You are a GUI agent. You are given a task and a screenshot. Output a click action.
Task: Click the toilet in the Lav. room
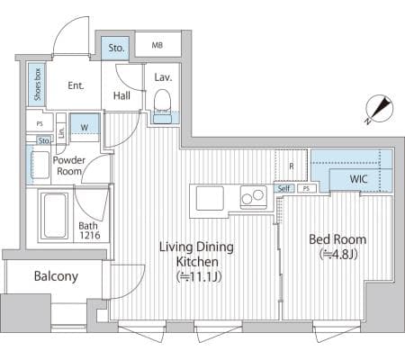[162, 106]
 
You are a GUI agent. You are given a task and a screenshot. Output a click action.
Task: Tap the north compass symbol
[380, 109]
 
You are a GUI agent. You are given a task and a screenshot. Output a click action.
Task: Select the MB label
[157, 45]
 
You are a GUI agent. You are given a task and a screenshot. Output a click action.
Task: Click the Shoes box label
[37, 85]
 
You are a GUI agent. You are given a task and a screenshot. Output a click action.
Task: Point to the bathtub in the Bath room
[55, 216]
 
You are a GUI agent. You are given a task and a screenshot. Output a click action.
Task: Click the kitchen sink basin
[210, 198]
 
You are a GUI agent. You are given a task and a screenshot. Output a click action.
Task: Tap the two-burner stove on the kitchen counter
[254, 197]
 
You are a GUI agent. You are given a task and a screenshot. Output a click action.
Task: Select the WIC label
[358, 179]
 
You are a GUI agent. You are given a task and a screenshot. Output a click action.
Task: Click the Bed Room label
[337, 239]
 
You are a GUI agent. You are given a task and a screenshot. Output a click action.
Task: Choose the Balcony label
[56, 276]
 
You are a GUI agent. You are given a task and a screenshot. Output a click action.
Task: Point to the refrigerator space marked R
[291, 166]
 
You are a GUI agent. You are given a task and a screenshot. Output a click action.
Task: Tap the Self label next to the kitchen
[283, 188]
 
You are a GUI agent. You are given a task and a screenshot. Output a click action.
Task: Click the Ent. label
[76, 85]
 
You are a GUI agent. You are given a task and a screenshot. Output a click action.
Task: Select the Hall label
[121, 95]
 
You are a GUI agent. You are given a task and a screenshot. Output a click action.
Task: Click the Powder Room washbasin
[40, 165]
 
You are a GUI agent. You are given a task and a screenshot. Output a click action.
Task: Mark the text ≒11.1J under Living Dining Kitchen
[198, 276]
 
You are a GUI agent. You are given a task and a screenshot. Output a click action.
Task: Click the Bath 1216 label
[89, 230]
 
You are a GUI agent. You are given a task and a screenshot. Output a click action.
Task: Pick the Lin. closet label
[61, 131]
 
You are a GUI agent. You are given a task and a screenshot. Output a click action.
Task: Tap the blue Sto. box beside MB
[115, 48]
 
